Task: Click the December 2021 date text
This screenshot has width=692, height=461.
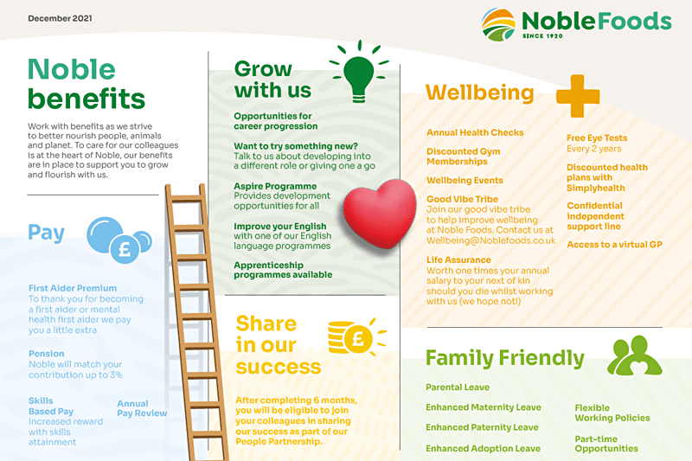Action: point(60,18)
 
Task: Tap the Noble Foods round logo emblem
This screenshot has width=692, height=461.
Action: point(498,25)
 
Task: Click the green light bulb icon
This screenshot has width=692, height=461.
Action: point(359,72)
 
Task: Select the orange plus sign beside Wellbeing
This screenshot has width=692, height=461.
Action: point(578,96)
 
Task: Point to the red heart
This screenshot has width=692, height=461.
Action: point(380,214)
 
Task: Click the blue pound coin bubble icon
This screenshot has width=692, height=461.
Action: point(119,240)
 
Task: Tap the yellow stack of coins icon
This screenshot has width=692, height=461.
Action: point(356,337)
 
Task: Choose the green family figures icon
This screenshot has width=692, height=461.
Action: point(635,355)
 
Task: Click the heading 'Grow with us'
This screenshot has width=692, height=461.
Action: point(272,80)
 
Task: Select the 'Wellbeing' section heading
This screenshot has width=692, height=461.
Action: point(480,93)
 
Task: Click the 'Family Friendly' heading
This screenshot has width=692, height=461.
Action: point(505,358)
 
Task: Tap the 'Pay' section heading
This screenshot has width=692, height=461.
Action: point(47,233)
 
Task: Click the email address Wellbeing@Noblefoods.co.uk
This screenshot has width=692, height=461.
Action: point(490,240)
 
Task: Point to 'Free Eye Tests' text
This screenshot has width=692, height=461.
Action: point(597,138)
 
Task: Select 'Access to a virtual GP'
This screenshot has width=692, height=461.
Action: point(614,245)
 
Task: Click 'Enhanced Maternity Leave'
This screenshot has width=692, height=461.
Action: point(484,407)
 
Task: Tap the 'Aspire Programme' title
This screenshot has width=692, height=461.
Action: point(275,186)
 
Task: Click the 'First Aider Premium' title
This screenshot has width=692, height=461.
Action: point(73,288)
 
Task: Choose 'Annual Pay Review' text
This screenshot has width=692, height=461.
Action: point(142,408)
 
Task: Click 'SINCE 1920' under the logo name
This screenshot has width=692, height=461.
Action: point(542,36)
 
